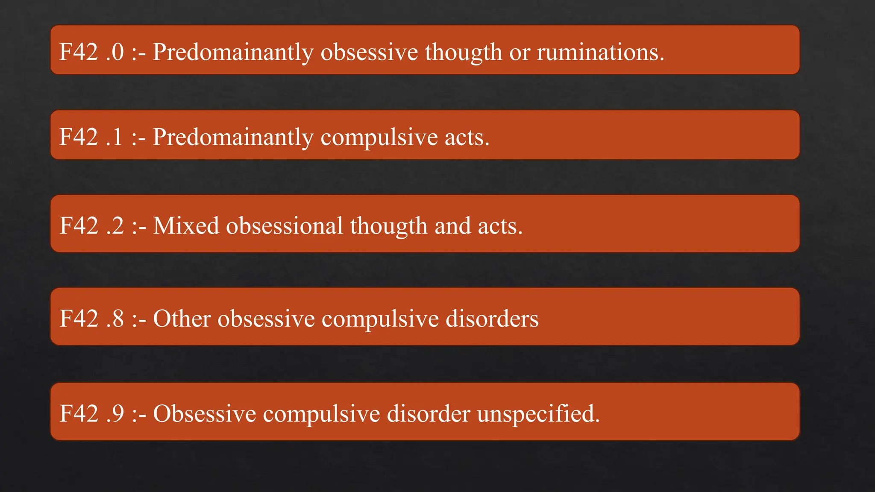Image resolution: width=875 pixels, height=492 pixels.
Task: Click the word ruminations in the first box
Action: click(600, 52)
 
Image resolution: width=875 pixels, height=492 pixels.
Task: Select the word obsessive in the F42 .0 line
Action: click(369, 52)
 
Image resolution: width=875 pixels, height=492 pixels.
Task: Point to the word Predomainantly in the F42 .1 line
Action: click(233, 138)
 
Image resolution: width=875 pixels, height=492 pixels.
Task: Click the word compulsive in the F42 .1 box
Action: click(379, 138)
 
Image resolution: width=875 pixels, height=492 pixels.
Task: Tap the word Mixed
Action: click(186, 225)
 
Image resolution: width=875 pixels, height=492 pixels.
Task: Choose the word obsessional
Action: click(284, 225)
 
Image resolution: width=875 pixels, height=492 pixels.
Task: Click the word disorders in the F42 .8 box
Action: click(492, 319)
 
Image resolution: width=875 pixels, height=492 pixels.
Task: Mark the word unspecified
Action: click(538, 413)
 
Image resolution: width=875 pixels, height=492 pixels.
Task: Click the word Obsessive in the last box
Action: click(204, 413)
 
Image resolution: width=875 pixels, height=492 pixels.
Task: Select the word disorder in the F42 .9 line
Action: click(428, 413)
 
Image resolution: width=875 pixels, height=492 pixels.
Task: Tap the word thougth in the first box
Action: click(463, 52)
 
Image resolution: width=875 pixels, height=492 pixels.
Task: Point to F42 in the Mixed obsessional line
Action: click(79, 225)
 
